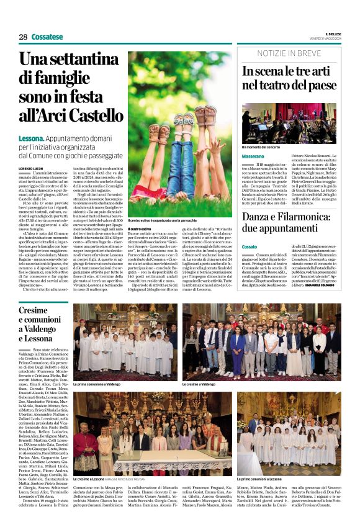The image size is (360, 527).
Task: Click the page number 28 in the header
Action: [23, 37]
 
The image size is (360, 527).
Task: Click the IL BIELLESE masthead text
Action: [333, 34]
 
